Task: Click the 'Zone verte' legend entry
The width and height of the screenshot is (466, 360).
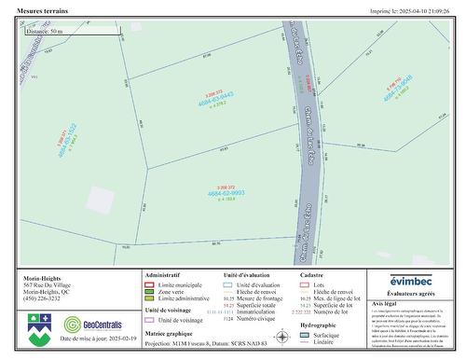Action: tap(173, 291)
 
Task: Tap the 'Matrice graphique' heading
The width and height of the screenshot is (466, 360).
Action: tap(169, 332)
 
